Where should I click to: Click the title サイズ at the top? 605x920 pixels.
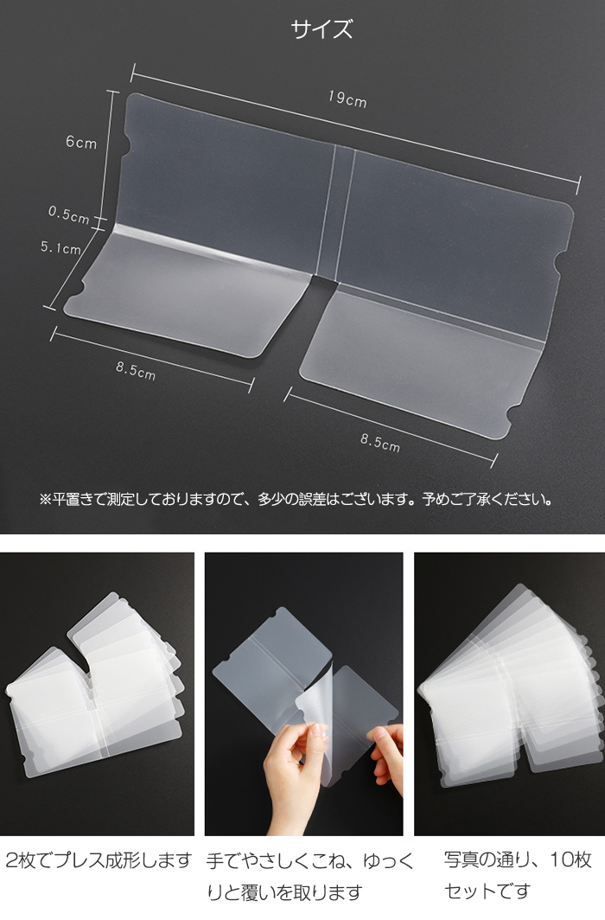(322, 29)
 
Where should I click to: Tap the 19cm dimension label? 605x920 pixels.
(347, 99)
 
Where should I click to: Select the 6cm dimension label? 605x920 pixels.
(81, 142)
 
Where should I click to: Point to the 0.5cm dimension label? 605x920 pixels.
(68, 214)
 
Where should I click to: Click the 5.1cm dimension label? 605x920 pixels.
(61, 247)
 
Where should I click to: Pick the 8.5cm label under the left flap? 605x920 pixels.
(136, 371)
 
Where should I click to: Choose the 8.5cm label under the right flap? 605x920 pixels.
(380, 443)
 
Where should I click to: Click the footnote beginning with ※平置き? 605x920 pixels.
(296, 500)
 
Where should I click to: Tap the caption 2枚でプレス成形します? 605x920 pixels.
(99, 860)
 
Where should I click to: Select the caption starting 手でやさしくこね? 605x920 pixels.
(309, 877)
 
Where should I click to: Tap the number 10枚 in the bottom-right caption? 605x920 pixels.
(570, 859)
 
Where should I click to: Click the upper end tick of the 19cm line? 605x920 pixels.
(134, 73)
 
